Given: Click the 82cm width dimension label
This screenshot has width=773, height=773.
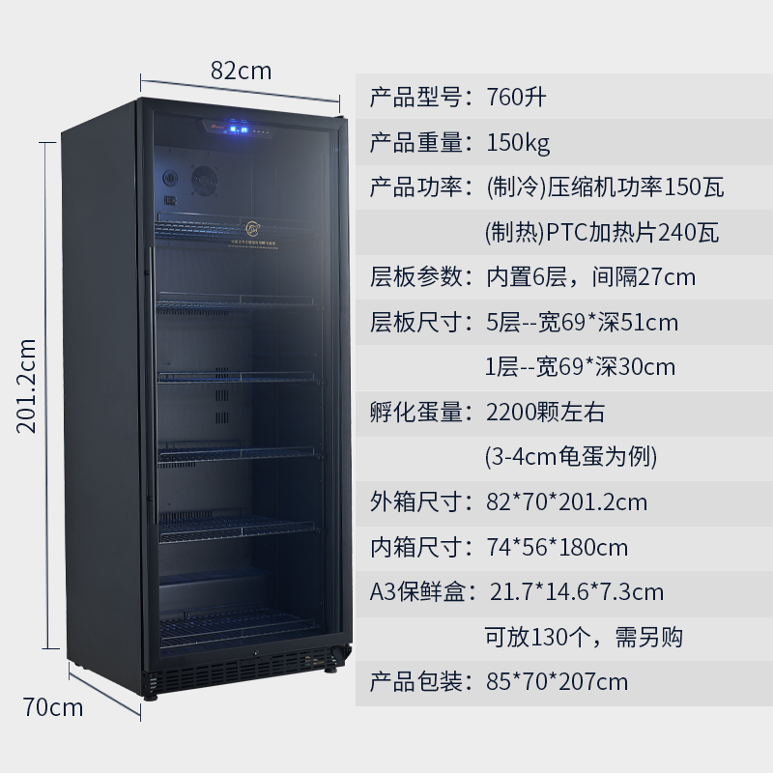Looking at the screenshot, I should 241,71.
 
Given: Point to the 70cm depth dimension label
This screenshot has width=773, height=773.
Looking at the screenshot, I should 53,707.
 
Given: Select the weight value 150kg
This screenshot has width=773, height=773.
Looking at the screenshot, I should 518,143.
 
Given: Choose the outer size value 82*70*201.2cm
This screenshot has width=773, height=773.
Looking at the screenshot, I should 566,502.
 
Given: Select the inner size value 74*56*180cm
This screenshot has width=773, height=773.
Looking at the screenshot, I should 557,548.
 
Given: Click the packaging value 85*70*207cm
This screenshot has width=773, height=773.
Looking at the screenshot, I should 557,682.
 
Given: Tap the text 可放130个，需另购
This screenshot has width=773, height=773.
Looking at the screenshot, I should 584,638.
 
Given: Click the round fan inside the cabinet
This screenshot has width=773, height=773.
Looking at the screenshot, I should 204,180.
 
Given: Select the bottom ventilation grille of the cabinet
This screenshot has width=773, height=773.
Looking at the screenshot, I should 242,666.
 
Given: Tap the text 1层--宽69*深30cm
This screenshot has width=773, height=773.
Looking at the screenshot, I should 580,367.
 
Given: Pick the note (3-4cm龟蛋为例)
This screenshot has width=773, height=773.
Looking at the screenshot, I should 570,457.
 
